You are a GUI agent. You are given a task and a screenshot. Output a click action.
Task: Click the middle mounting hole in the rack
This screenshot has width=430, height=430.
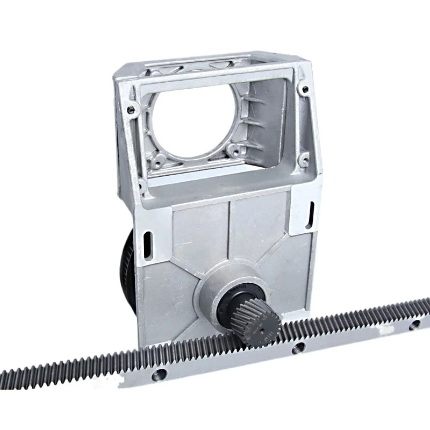(x=295, y=348)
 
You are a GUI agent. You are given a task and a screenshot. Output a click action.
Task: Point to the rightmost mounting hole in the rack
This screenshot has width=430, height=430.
(x=413, y=325)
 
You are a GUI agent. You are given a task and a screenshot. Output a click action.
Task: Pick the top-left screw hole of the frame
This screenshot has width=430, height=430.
(x=131, y=110)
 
